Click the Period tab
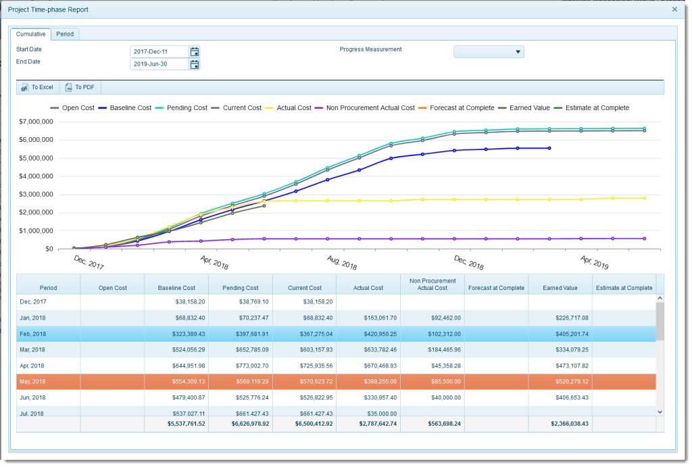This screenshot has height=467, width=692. pyautogui.click(x=66, y=34)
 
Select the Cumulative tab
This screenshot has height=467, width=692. pyautogui.click(x=31, y=34)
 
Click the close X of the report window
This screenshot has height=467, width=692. pyautogui.click(x=674, y=9)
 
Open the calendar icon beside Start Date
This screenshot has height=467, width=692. pyautogui.click(x=195, y=51)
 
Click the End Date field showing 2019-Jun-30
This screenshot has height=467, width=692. pyautogui.click(x=159, y=64)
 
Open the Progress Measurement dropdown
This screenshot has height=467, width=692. pyautogui.click(x=489, y=51)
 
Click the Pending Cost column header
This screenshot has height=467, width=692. pyautogui.click(x=240, y=288)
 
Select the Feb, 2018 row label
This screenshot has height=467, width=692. pyautogui.click(x=33, y=334)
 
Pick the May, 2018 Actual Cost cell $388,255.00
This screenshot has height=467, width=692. pyautogui.click(x=368, y=381)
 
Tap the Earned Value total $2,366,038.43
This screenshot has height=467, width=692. pyautogui.click(x=560, y=424)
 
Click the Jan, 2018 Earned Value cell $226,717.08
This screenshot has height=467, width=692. pyautogui.click(x=560, y=318)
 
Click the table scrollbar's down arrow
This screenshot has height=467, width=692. pyautogui.click(x=660, y=411)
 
